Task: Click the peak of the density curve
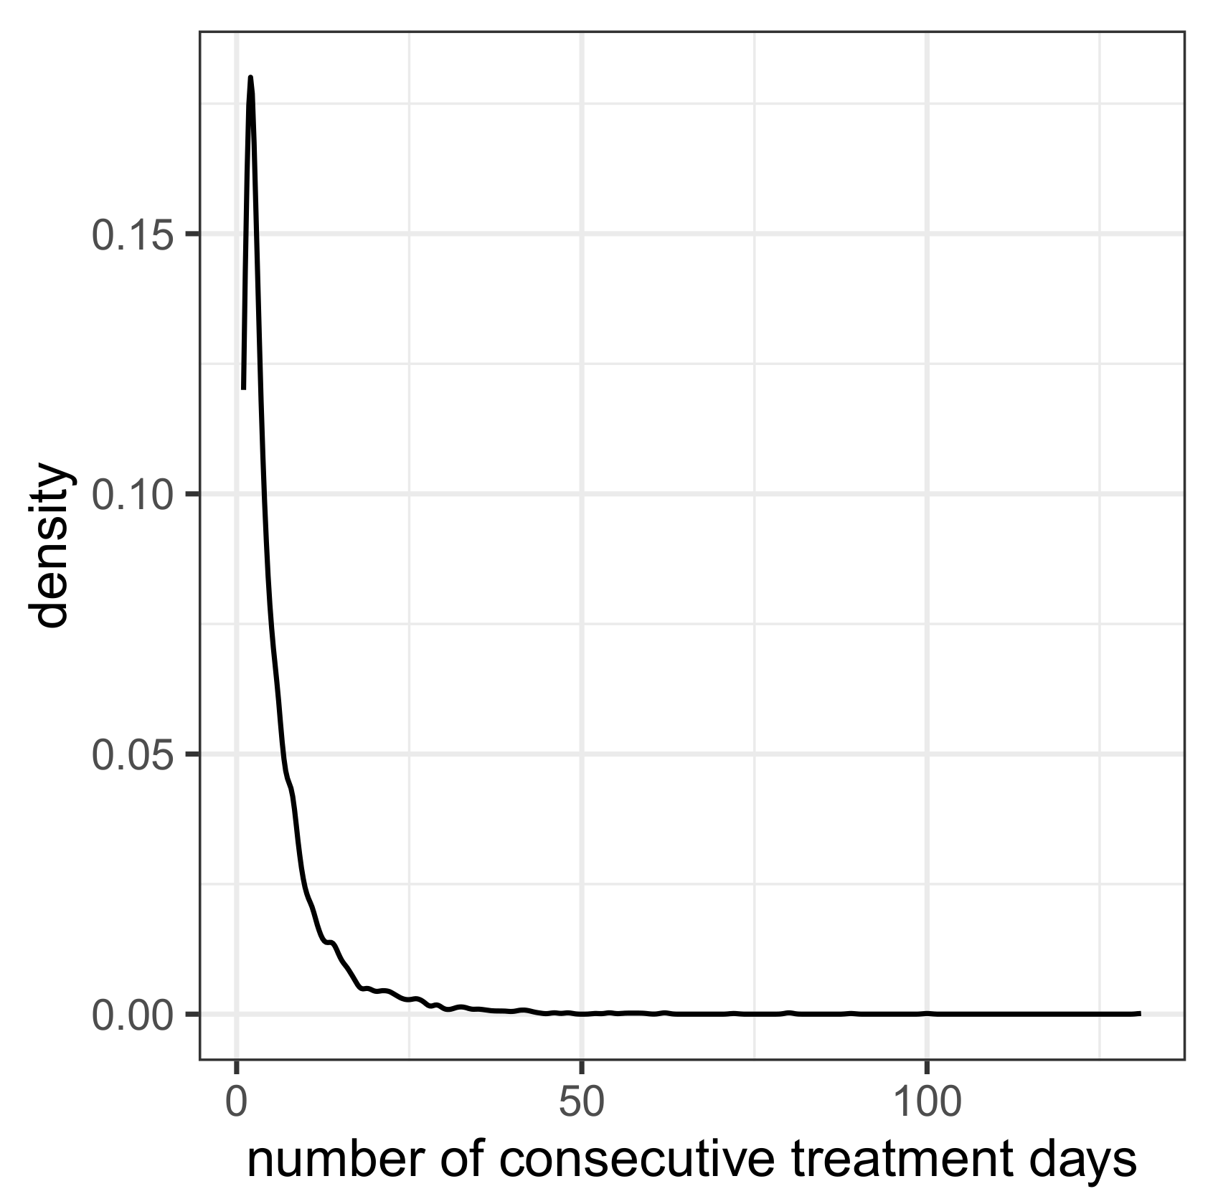pos(250,77)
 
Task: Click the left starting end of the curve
pos(244,388)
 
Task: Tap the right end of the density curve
pos(1140,1013)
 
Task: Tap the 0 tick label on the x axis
pos(237,1102)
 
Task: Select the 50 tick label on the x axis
pos(582,1102)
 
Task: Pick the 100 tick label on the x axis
pos(927,1102)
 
